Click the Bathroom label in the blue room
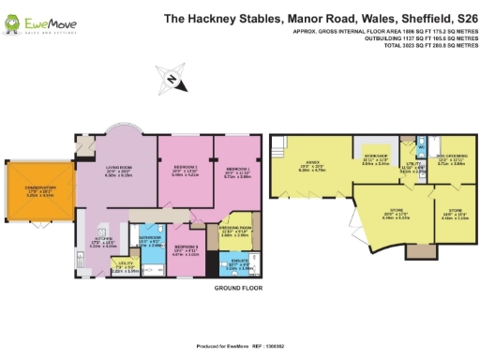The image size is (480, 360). click(x=150, y=241)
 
